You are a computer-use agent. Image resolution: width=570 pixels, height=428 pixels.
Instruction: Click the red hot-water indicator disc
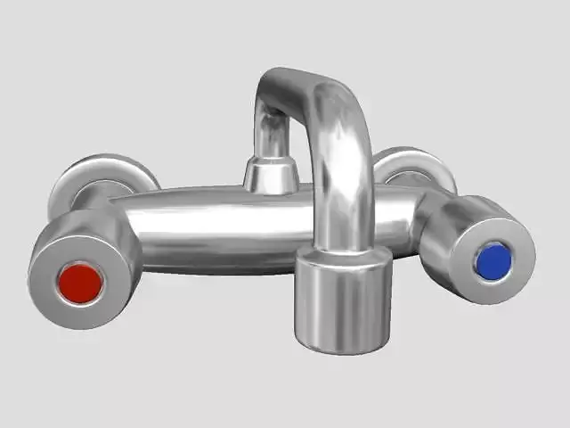80,282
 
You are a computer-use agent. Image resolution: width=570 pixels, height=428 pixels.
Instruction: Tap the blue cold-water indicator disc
493,260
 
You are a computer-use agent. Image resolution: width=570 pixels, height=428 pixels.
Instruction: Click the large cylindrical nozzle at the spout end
344,308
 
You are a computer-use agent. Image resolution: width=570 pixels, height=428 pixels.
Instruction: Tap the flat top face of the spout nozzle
344,259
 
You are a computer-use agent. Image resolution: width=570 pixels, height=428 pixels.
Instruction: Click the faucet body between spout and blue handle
392,218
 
